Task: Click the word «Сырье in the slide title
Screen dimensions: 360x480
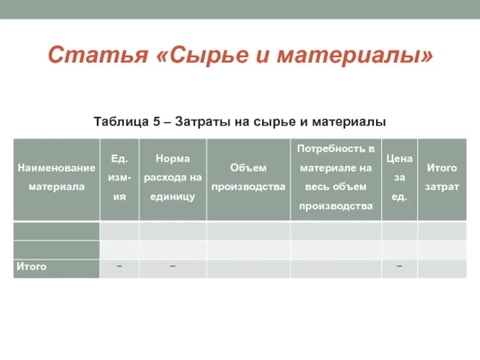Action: (204, 56)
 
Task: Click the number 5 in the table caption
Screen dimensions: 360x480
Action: (156, 122)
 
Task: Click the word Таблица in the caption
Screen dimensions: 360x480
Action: (122, 122)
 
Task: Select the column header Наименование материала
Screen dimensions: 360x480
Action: (56, 178)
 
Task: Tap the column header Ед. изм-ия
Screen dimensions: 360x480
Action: (119, 178)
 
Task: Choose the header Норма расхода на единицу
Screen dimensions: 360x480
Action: (172, 178)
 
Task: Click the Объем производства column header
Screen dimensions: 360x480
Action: (248, 178)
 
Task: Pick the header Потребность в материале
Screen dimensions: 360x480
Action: (336, 178)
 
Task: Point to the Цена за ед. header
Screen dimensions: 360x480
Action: (400, 178)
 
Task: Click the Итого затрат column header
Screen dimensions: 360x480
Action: (442, 178)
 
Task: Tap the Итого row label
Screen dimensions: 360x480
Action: (32, 266)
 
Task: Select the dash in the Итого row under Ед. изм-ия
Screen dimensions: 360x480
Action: (119, 266)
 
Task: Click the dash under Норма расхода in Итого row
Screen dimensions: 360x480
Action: (172, 266)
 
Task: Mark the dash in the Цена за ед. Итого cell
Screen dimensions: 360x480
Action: (400, 266)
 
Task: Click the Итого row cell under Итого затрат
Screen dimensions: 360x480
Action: (442, 269)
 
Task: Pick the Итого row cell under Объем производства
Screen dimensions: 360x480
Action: (248, 269)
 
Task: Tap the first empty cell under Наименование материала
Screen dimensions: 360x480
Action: (56, 231)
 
